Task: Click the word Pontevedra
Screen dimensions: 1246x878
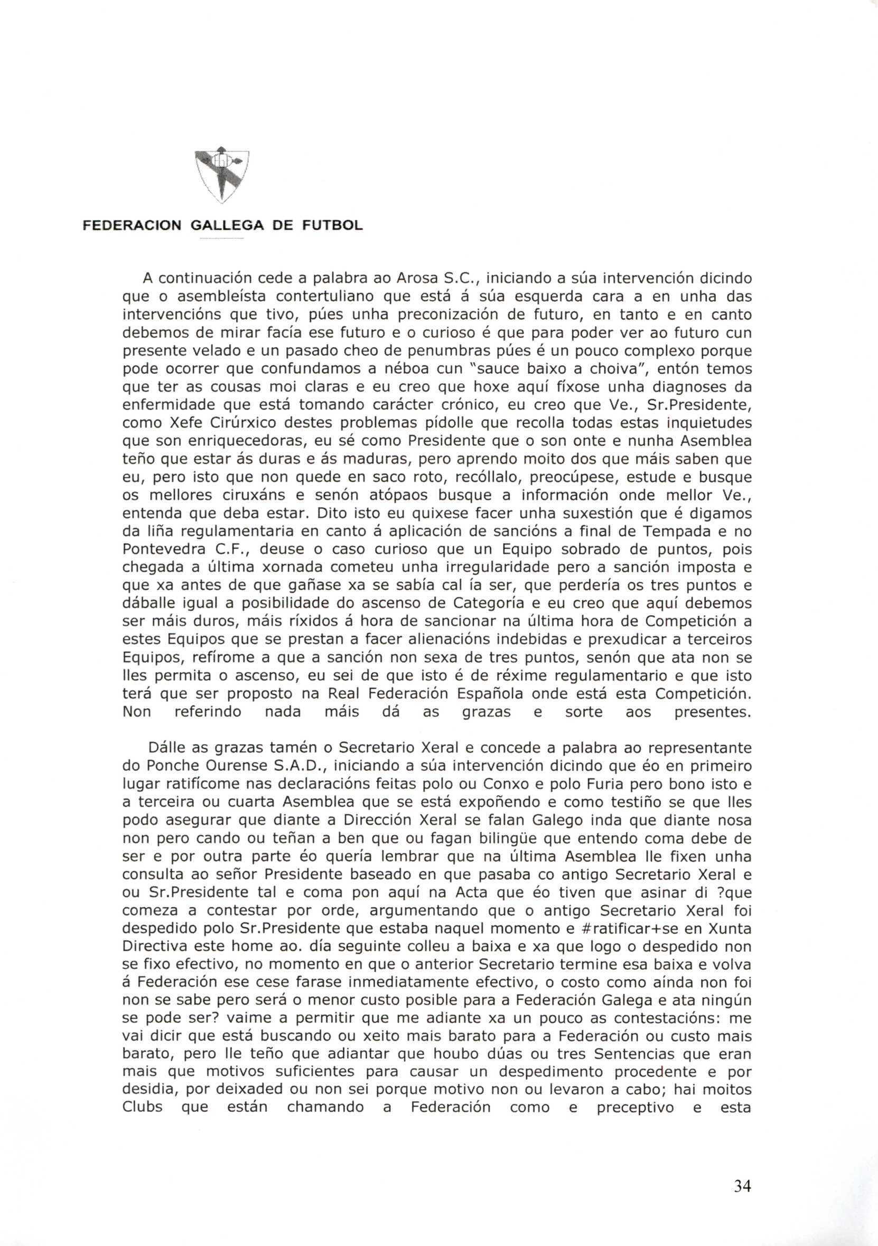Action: click(x=168, y=548)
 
